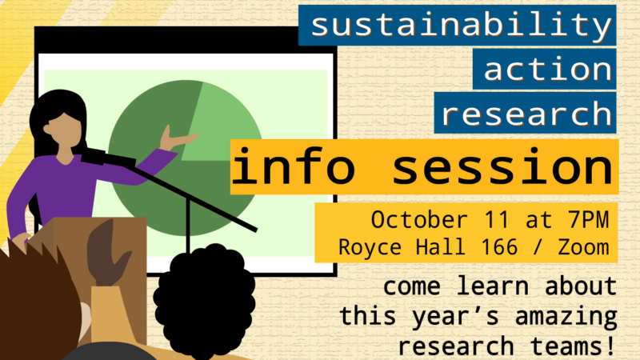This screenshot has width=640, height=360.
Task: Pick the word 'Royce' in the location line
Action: (372, 246)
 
